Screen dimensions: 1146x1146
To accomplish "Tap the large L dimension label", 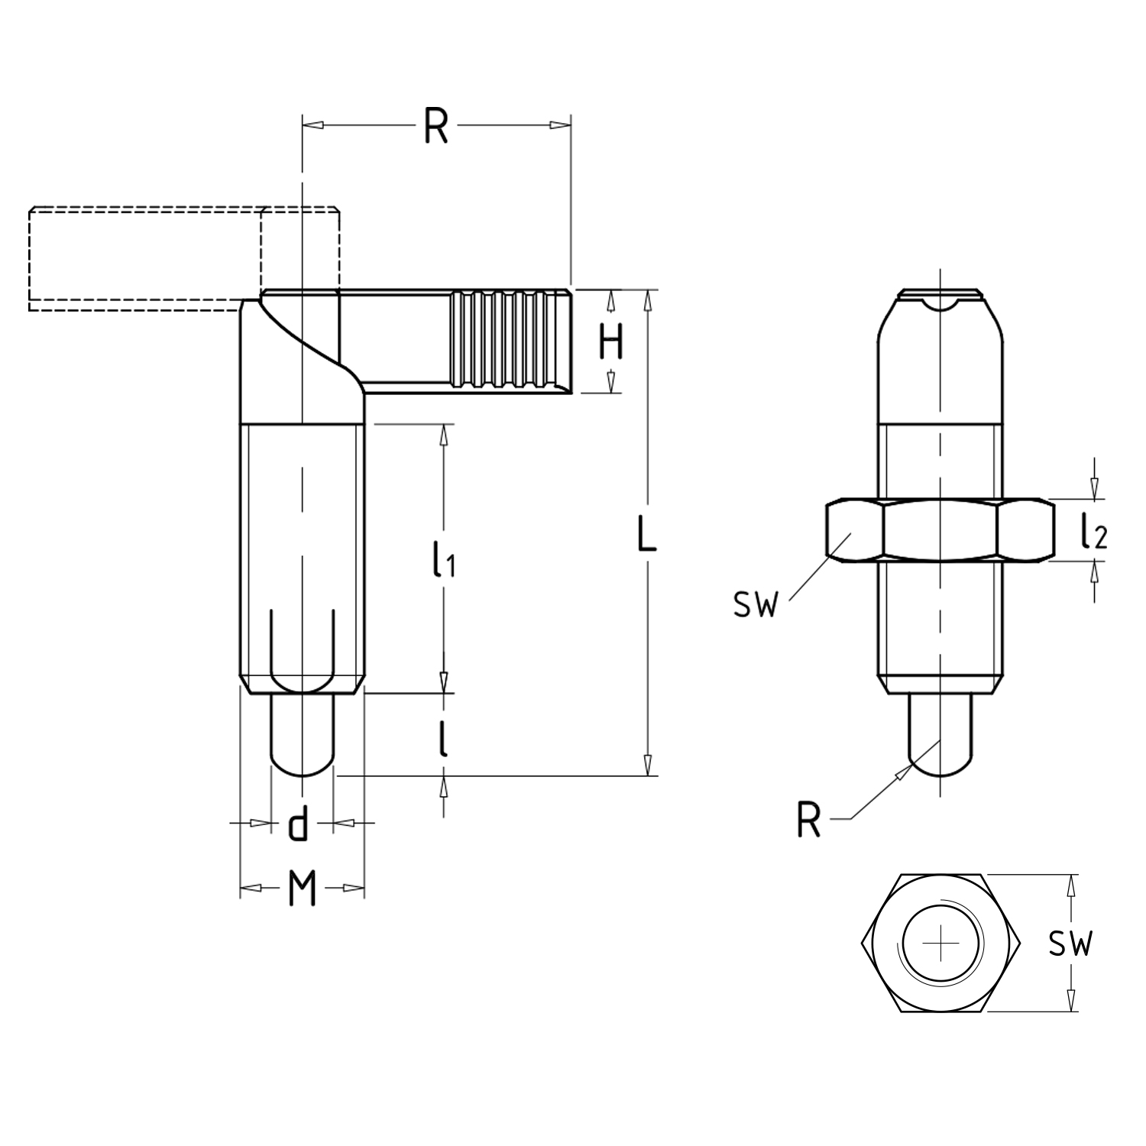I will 646,534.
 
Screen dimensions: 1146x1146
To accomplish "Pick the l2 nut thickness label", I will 1093,532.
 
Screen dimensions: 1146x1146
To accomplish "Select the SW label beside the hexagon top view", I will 1070,944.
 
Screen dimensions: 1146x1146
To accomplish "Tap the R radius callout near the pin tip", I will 808,821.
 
